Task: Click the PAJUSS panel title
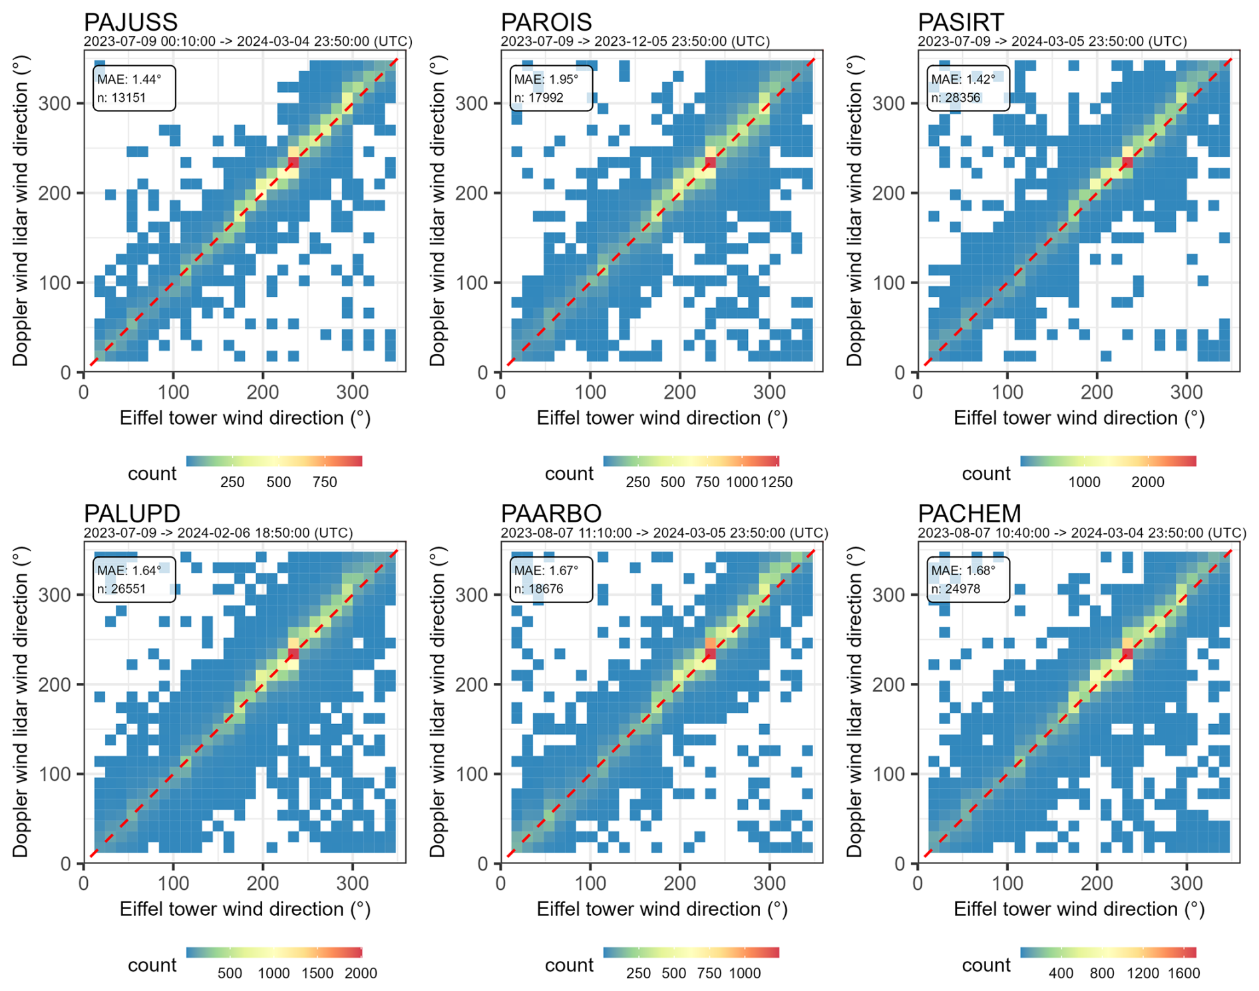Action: (x=130, y=23)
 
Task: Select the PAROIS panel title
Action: (x=546, y=23)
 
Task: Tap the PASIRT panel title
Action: (x=961, y=23)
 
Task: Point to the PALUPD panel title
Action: (x=132, y=514)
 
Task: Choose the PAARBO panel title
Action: (x=551, y=514)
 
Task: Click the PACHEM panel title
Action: (x=970, y=514)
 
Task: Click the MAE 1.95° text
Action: (x=546, y=79)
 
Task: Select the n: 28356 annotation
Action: (x=962, y=98)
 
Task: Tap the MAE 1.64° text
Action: (x=129, y=570)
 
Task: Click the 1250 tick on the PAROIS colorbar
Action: (x=776, y=482)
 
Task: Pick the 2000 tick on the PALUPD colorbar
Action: (x=361, y=973)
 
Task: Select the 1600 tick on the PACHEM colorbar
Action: (x=1184, y=973)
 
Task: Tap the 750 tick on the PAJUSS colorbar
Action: (x=325, y=482)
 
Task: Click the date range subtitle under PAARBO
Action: (x=664, y=533)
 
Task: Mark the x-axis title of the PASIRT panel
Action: (x=1079, y=418)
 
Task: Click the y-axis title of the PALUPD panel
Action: (x=21, y=702)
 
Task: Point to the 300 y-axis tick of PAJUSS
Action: (x=55, y=103)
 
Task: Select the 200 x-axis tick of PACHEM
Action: (x=1097, y=883)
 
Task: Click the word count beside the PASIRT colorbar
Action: (x=986, y=474)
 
